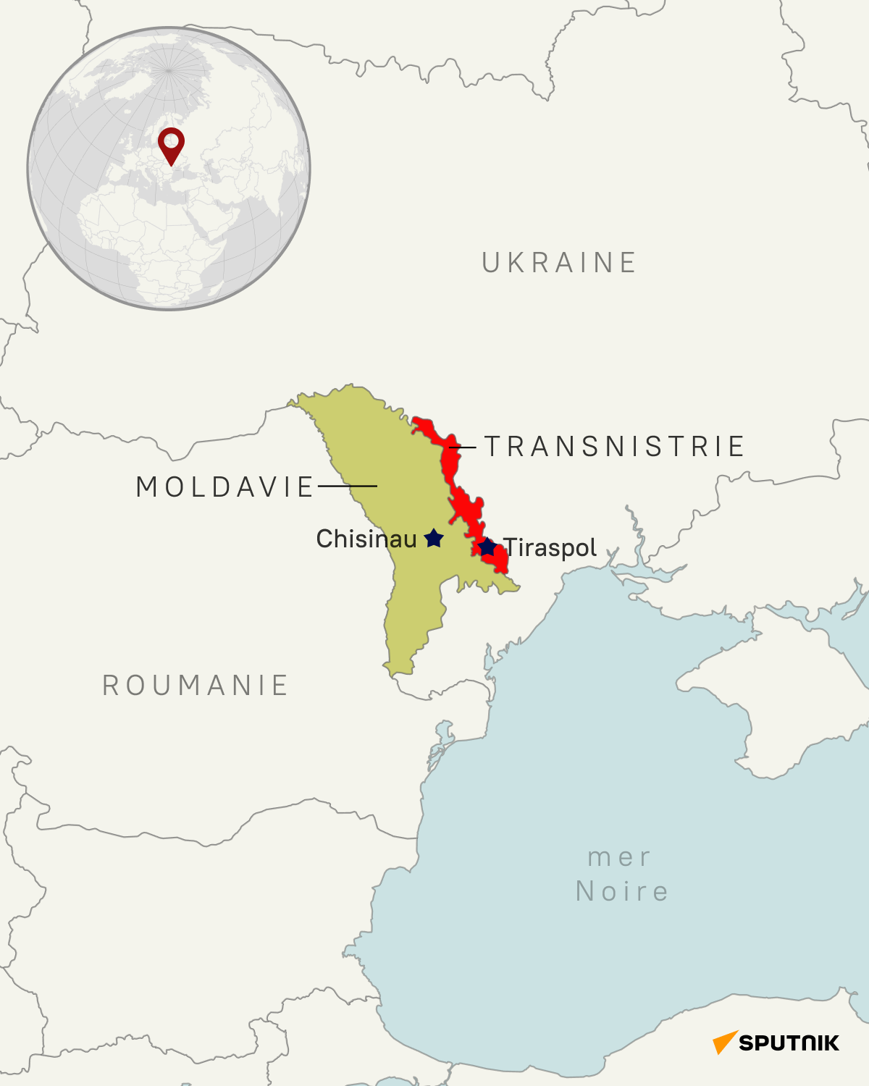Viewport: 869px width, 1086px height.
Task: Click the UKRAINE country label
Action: point(559,263)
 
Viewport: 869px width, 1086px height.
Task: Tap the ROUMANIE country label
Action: point(196,686)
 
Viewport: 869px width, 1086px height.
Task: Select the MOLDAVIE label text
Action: point(225,487)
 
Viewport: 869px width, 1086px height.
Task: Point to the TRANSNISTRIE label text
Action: point(615,447)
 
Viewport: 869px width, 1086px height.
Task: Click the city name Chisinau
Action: point(366,539)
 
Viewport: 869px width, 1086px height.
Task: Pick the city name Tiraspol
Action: point(550,548)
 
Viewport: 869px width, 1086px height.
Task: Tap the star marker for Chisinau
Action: point(434,538)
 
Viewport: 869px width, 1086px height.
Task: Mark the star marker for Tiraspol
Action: point(487,547)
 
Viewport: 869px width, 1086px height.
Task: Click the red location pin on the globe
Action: point(171,143)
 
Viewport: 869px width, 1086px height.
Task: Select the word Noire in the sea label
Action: point(622,891)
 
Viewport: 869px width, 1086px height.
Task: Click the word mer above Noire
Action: point(620,857)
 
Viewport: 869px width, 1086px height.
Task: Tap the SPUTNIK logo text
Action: point(789,1043)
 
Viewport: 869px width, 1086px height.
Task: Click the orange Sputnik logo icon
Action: point(725,1042)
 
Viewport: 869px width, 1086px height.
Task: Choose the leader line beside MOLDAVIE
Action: point(348,486)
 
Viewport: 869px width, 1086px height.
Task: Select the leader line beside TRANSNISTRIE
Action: point(464,447)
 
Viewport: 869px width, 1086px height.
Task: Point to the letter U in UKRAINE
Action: point(490,263)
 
